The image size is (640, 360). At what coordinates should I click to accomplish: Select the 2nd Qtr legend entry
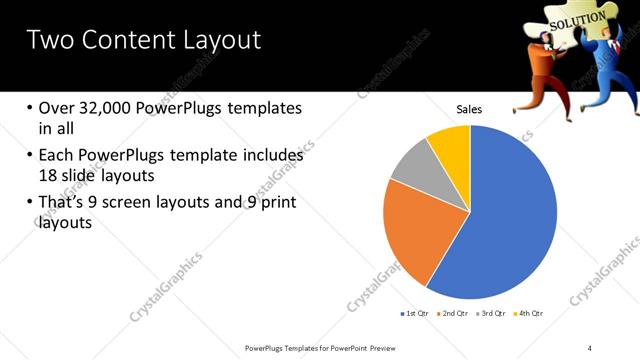[x=455, y=313]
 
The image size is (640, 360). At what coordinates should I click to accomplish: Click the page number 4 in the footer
[x=590, y=347]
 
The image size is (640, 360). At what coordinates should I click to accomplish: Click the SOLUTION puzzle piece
[x=575, y=17]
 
